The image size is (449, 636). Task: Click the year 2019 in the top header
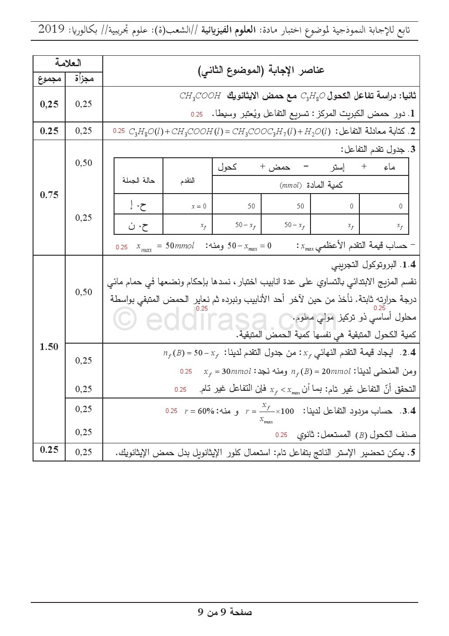click(52, 30)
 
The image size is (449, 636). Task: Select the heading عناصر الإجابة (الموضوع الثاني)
click(262, 70)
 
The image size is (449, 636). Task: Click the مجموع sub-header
click(49, 79)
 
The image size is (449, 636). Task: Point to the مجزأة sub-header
click(84, 79)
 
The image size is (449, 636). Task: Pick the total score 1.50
click(49, 347)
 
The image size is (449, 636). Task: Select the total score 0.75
click(49, 195)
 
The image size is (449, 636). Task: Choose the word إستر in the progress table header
click(337, 167)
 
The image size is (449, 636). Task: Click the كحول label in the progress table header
click(227, 167)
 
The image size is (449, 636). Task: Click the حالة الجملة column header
click(139, 180)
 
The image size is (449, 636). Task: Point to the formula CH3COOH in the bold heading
click(200, 96)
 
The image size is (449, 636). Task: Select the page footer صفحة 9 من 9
click(225, 612)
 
